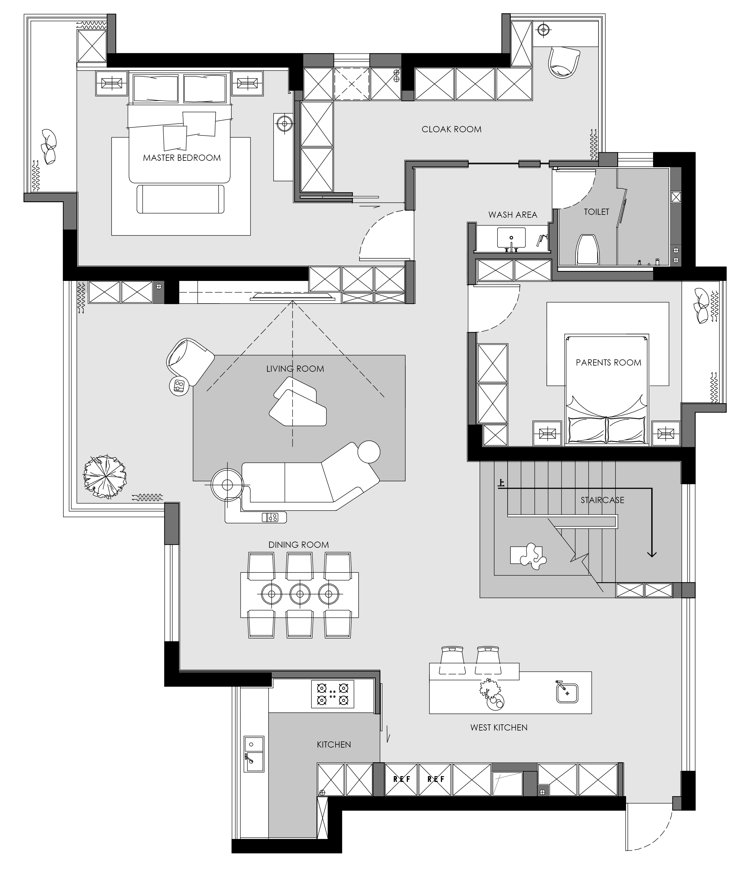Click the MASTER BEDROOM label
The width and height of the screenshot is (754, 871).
[x=182, y=158]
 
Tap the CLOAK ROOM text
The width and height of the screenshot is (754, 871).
[x=451, y=129]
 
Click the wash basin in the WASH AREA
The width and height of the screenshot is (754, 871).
[x=511, y=238]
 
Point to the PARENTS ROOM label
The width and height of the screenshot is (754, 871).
[x=608, y=363]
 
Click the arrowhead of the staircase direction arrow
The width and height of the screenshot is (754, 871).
[x=651, y=554]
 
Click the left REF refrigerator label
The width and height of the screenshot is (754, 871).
[x=402, y=779]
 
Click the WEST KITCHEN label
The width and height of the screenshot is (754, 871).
[x=499, y=727]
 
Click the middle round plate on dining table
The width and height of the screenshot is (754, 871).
[x=300, y=594]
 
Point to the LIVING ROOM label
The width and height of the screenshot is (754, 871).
[x=295, y=369]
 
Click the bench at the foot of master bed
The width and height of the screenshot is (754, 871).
[x=180, y=199]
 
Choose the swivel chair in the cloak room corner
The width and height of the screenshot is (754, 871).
[x=564, y=62]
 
